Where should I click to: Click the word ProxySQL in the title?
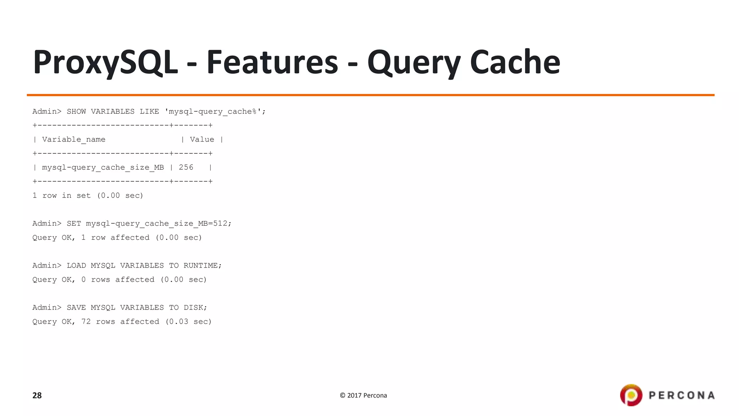click(105, 62)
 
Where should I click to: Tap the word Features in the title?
click(272, 62)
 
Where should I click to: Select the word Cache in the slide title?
click(515, 62)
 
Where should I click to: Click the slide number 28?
click(37, 395)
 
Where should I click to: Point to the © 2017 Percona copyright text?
click(363, 395)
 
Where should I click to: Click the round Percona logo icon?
click(631, 395)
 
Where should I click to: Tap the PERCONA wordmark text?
click(682, 395)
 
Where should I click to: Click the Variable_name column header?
click(74, 140)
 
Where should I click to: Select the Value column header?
click(202, 140)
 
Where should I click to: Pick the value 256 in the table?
click(186, 168)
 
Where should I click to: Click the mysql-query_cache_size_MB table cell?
click(103, 168)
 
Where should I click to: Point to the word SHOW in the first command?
click(76, 112)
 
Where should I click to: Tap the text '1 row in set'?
click(61, 196)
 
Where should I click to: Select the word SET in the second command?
click(74, 224)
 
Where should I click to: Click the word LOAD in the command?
click(76, 266)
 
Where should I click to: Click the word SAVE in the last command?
click(76, 308)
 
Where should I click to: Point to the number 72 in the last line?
click(86, 322)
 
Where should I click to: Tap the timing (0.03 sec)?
click(188, 322)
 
